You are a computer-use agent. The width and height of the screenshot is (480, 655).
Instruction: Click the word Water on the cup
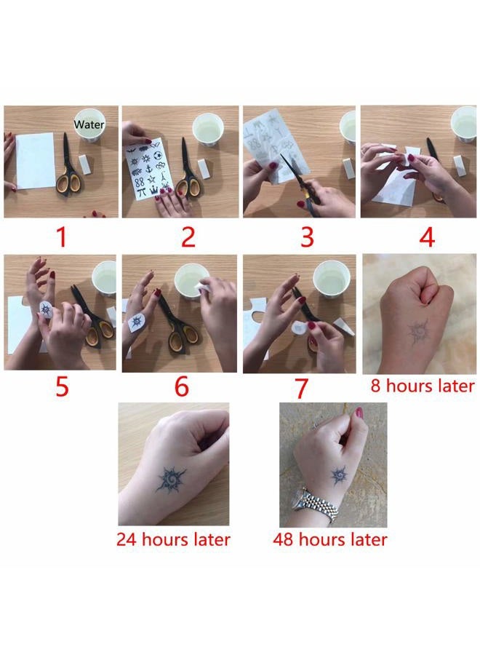(89, 124)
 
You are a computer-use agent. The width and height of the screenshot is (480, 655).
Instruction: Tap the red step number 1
(62, 237)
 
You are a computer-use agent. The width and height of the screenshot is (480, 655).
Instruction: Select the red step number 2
(188, 237)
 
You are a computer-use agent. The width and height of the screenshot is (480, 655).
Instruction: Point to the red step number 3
(307, 237)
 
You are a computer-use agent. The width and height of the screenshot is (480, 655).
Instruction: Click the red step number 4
(427, 237)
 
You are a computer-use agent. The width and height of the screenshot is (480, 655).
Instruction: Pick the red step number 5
(62, 387)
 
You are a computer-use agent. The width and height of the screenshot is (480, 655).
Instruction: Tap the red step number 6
(182, 387)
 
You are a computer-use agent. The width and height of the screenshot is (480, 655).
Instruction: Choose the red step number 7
(301, 389)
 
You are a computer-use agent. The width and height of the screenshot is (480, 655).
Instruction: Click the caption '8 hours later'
(423, 386)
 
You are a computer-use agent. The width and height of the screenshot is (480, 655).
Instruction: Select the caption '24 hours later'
(173, 539)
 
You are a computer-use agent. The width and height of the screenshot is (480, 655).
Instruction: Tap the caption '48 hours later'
(330, 539)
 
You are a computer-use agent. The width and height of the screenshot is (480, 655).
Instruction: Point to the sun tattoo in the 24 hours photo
(171, 479)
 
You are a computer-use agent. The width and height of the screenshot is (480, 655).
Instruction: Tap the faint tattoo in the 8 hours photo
(417, 333)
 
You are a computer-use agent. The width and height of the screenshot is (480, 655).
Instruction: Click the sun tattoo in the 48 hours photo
(339, 475)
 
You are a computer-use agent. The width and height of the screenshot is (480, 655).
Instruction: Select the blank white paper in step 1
(36, 160)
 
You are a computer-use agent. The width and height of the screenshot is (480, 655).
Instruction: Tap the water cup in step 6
(191, 281)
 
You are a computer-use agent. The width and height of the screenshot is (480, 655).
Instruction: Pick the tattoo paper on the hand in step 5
(45, 309)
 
